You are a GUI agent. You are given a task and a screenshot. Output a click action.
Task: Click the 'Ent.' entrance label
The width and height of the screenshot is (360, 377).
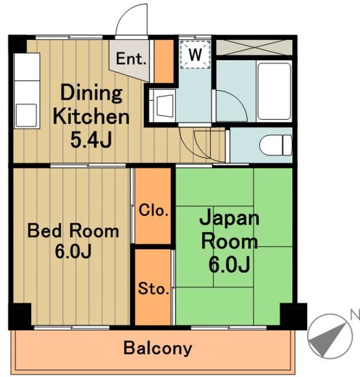[x=131, y=58]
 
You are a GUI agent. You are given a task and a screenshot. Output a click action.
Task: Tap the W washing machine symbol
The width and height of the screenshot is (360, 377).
[x=195, y=55]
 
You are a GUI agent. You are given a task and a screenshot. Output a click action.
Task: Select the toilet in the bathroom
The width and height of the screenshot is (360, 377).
[x=276, y=145]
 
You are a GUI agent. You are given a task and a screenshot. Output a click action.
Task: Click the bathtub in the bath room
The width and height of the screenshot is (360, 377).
[x=274, y=91]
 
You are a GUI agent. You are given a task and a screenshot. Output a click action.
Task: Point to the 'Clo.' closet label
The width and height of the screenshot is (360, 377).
[x=153, y=210]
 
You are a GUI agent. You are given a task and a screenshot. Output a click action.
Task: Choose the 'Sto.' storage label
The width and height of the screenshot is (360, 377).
[x=153, y=289]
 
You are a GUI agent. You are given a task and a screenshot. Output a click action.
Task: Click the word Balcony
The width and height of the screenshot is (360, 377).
[x=158, y=348]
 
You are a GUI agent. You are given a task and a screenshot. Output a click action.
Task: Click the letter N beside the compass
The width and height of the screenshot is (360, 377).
[x=355, y=315]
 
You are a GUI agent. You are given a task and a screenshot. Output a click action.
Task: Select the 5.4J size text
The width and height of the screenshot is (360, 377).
[x=91, y=140]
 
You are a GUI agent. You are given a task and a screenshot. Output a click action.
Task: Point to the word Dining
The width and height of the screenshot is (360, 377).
[x=91, y=93]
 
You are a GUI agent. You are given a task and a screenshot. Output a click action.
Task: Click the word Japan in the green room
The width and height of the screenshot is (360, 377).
[x=229, y=217]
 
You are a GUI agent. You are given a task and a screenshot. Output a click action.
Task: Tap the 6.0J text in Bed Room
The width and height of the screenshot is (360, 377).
[x=73, y=252]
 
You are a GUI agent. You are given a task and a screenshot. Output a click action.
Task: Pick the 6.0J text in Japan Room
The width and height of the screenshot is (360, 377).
[x=229, y=264]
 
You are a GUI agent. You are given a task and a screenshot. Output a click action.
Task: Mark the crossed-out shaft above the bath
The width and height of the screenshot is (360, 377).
[x=254, y=47]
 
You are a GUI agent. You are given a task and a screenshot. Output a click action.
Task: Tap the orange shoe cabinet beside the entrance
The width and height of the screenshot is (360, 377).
[x=164, y=61]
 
